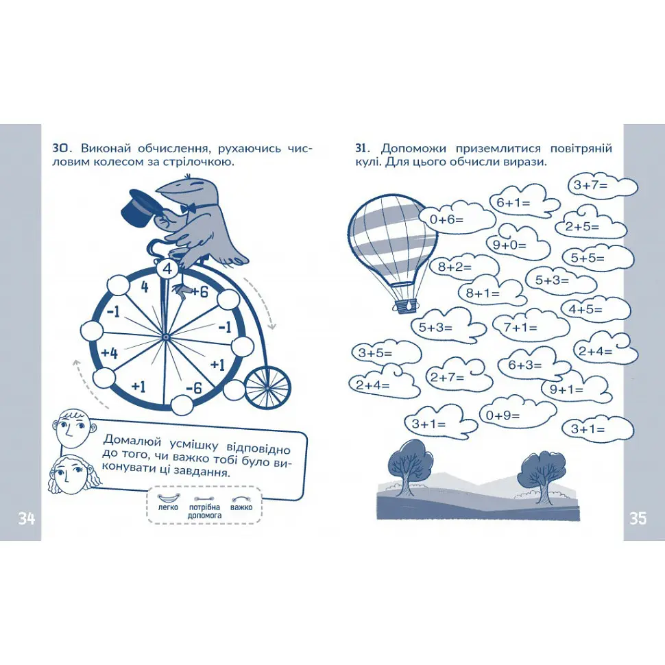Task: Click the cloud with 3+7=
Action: tap(602, 186)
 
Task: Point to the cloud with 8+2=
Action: tap(463, 266)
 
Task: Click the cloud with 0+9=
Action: tap(518, 414)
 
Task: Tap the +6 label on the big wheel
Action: tap(199, 292)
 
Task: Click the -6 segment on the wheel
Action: tap(194, 387)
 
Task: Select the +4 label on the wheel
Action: tap(110, 353)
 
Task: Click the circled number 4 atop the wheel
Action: tap(168, 269)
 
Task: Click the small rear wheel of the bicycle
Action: tap(267, 387)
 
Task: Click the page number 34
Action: tap(27, 518)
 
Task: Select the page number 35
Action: tap(638, 518)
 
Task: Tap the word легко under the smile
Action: tap(168, 507)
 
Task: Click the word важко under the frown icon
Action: tap(241, 507)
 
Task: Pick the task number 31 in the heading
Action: tap(361, 149)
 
